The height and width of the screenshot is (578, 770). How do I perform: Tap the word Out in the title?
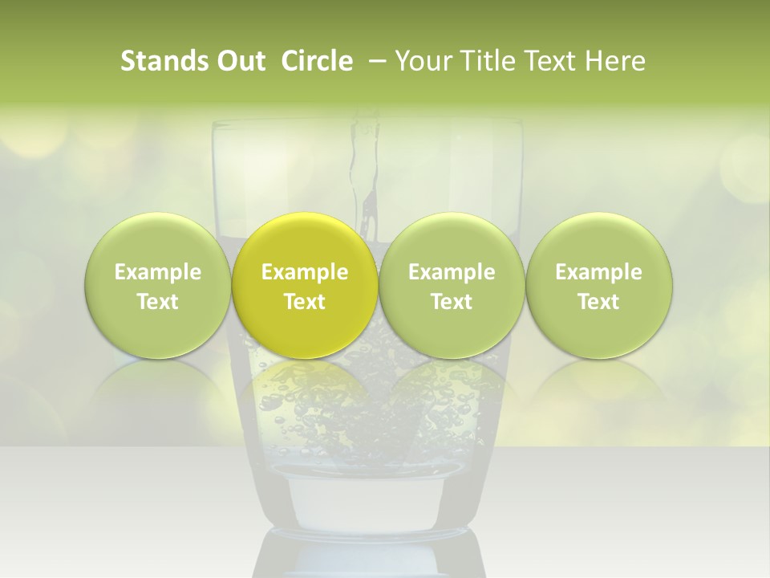tap(240, 61)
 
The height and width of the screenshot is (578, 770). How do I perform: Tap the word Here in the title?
tap(615, 61)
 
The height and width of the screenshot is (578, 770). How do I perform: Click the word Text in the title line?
tap(552, 61)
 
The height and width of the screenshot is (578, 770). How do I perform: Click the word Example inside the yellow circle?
tap(305, 272)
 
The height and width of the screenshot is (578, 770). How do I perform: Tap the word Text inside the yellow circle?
tap(305, 302)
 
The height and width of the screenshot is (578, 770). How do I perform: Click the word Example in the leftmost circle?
tap(157, 272)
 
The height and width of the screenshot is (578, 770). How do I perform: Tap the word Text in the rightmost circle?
tap(599, 302)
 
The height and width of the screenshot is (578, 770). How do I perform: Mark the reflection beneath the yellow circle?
tap(305, 389)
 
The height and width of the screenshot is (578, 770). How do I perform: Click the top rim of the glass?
tap(367, 123)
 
